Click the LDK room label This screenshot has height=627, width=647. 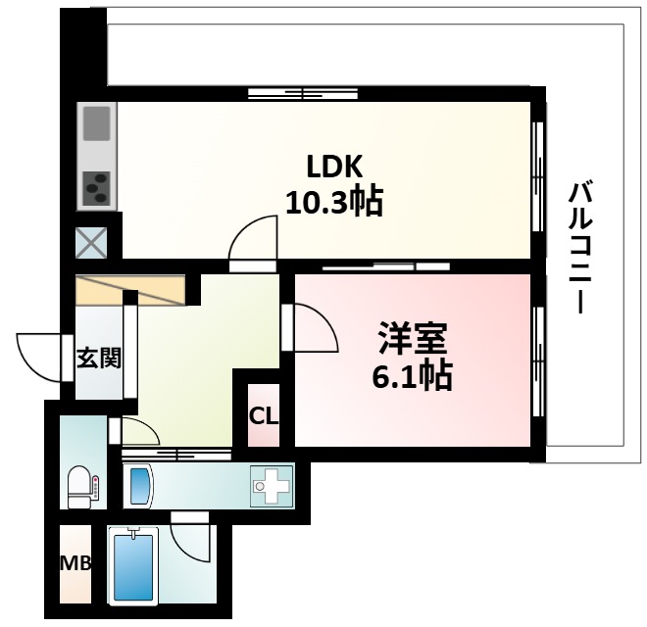tap(332, 167)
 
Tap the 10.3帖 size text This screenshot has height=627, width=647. tap(333, 203)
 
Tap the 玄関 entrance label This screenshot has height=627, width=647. tap(98, 359)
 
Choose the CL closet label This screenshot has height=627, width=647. tap(264, 415)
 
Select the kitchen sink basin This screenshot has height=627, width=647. tap(98, 125)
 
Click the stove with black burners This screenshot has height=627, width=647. tap(98, 186)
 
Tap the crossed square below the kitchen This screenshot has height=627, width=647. tap(92, 242)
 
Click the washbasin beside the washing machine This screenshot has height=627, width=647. tap(139, 485)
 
